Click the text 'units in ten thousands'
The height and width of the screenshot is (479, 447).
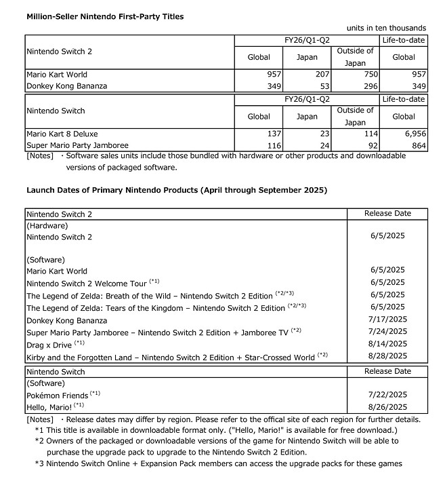coord(386,28)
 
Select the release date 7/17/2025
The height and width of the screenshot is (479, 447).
coord(387,320)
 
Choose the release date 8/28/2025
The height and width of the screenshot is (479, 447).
coord(387,356)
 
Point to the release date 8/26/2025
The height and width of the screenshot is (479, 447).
coord(387,407)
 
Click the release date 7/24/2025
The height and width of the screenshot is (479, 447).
coord(387,332)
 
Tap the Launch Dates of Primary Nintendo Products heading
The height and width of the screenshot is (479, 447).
coord(176,190)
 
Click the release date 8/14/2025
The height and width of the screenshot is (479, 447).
coord(387,344)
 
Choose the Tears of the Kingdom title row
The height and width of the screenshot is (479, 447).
coord(156,308)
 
